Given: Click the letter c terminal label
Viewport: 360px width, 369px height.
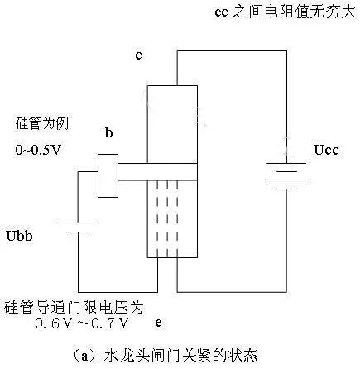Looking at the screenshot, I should [x=141, y=55].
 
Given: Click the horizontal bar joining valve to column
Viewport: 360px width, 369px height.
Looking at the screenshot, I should [x=159, y=172].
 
